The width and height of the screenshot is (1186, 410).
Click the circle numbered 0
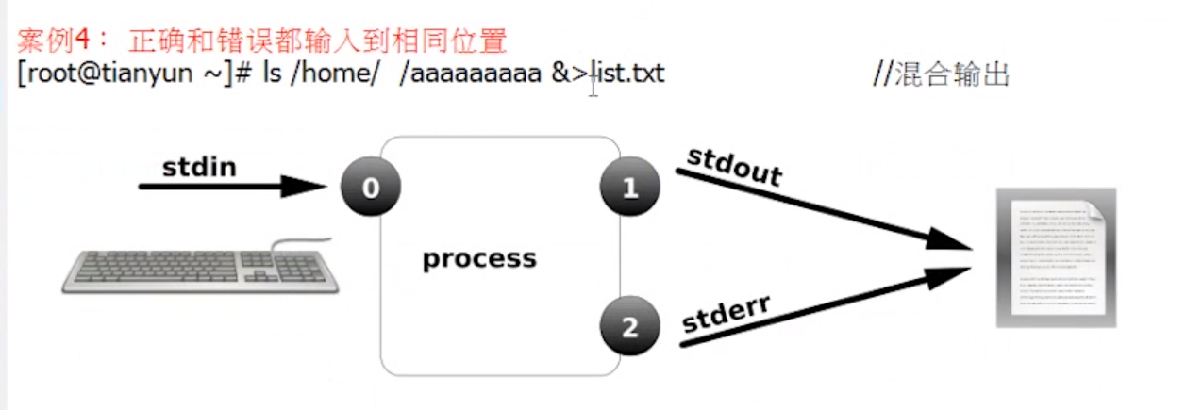coord(371,187)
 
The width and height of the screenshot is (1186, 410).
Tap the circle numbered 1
coord(629,187)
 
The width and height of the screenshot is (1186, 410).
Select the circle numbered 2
coord(629,326)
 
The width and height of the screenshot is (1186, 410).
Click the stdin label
coord(199,167)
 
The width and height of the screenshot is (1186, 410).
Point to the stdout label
coord(735,167)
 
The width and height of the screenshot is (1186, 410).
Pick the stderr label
coord(726,314)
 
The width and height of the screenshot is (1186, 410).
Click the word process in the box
coord(479,259)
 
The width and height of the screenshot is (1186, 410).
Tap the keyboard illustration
coord(200,267)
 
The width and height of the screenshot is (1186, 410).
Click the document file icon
coord(1057,257)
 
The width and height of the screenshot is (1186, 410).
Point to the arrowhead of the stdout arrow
coord(949,239)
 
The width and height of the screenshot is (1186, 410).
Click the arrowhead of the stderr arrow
coord(949,277)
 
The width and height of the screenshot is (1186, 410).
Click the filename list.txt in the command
coord(628,73)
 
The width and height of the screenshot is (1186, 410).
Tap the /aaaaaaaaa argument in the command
coord(471,73)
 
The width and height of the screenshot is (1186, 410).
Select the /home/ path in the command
coord(335,73)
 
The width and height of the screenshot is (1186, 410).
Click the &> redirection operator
coord(570,73)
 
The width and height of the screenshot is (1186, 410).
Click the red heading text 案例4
coord(54,41)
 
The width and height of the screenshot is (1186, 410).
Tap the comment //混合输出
coord(942,74)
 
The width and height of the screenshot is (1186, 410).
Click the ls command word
coord(272,73)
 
